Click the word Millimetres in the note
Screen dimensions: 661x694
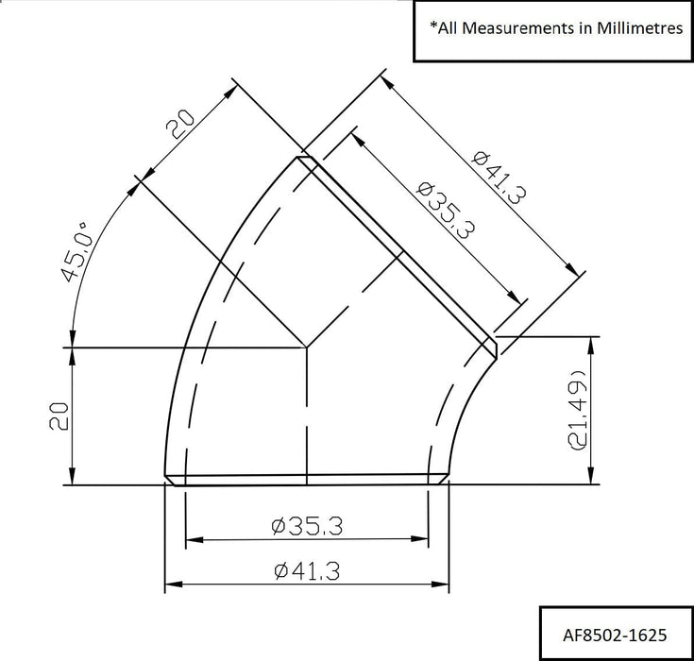(x=638, y=28)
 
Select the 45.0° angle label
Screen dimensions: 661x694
(x=76, y=253)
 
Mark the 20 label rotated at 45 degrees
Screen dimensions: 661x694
(x=179, y=123)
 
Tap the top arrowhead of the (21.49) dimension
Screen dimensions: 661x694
(x=592, y=341)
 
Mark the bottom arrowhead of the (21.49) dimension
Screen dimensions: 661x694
(x=592, y=479)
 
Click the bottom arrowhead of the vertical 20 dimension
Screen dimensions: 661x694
(x=72, y=479)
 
